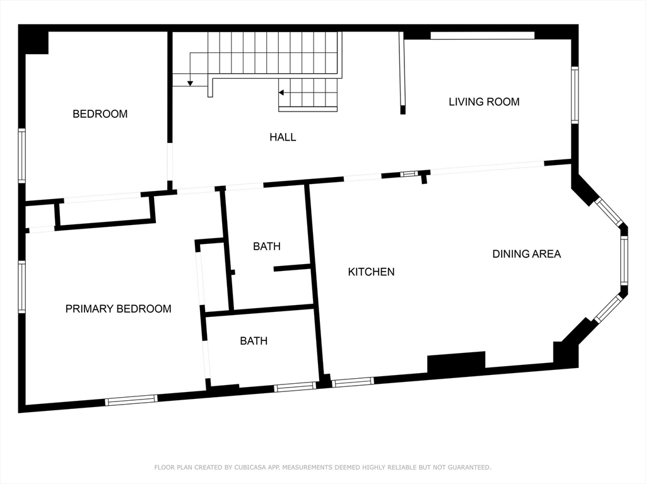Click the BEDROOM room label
click(x=100, y=114)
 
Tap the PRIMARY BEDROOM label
click(x=118, y=309)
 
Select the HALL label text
click(x=283, y=137)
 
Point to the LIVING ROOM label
click(x=484, y=101)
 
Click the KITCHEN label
click(x=371, y=272)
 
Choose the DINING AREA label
click(x=526, y=254)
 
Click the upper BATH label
click(x=267, y=246)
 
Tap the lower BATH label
click(x=254, y=341)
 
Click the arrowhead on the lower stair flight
click(x=282, y=93)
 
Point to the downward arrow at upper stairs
click(x=190, y=82)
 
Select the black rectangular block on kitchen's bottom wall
click(x=456, y=363)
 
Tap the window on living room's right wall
click(x=575, y=95)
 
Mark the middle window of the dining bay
click(x=623, y=260)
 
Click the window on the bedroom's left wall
click(x=21, y=156)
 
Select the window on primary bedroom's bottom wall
click(x=131, y=400)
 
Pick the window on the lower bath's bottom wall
click(x=295, y=387)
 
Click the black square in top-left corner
click(x=34, y=40)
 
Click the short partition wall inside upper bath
click(x=292, y=268)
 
